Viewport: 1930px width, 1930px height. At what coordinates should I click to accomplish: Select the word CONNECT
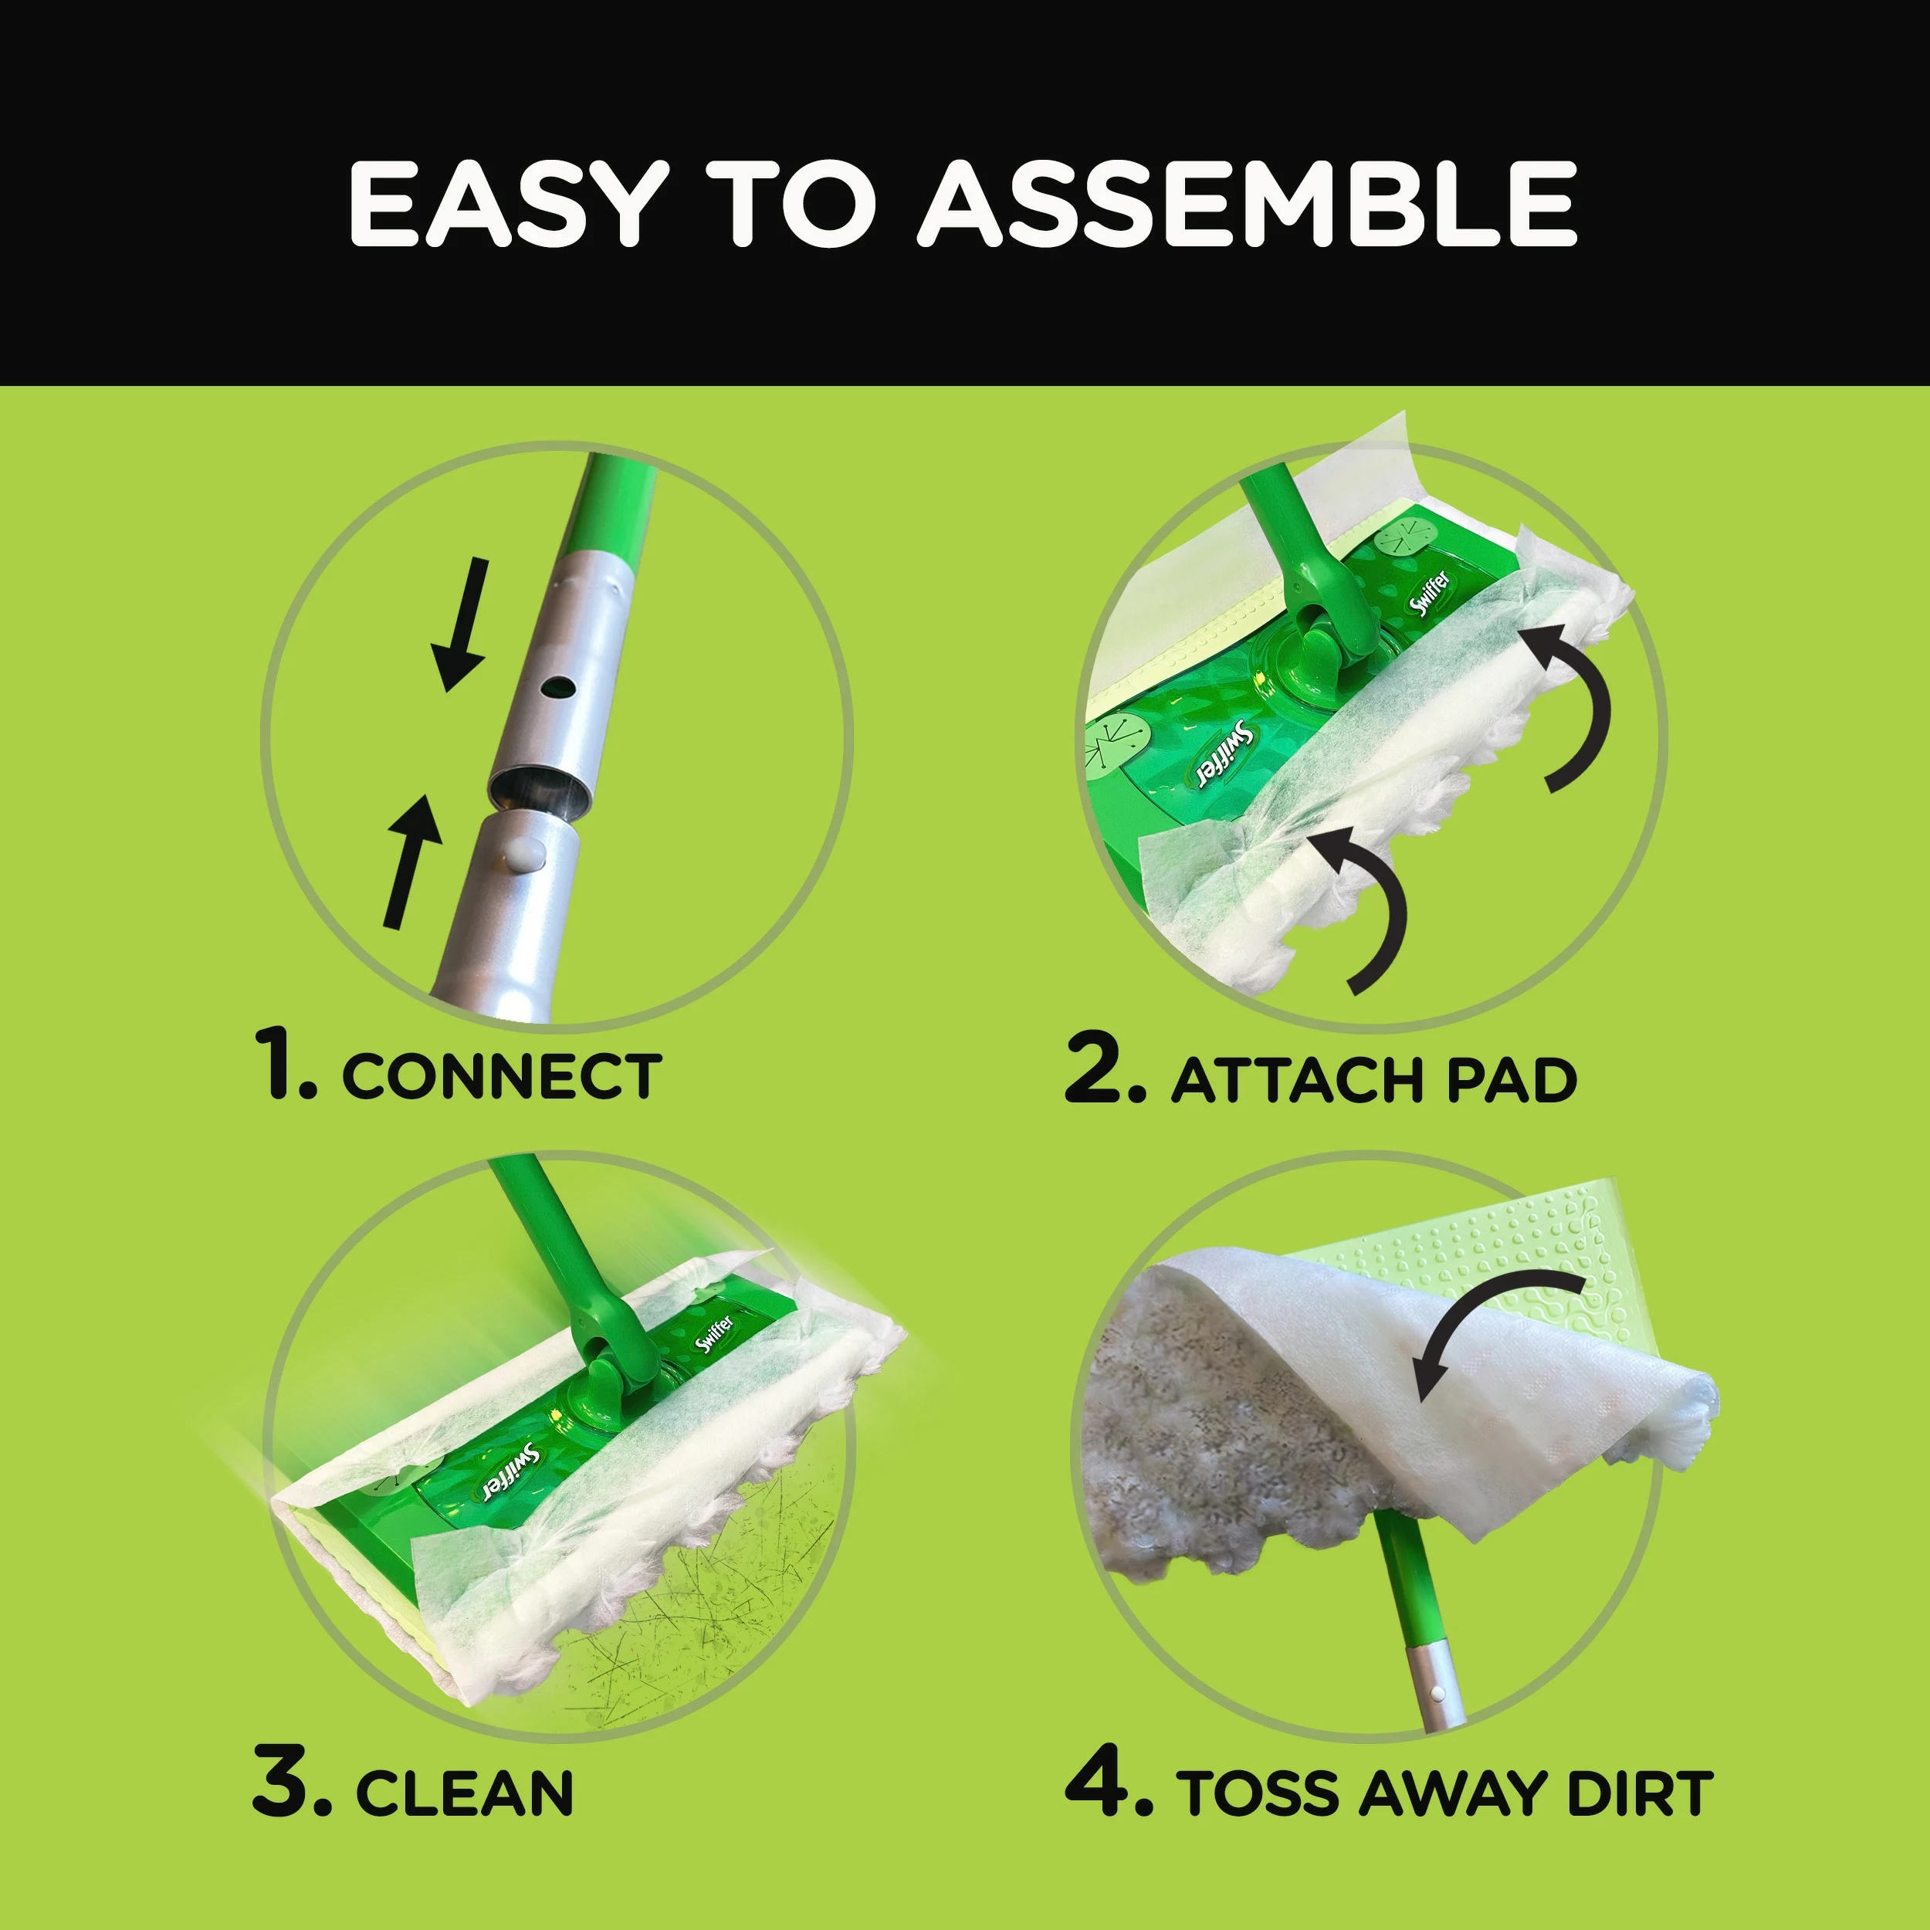click(x=502, y=1076)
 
